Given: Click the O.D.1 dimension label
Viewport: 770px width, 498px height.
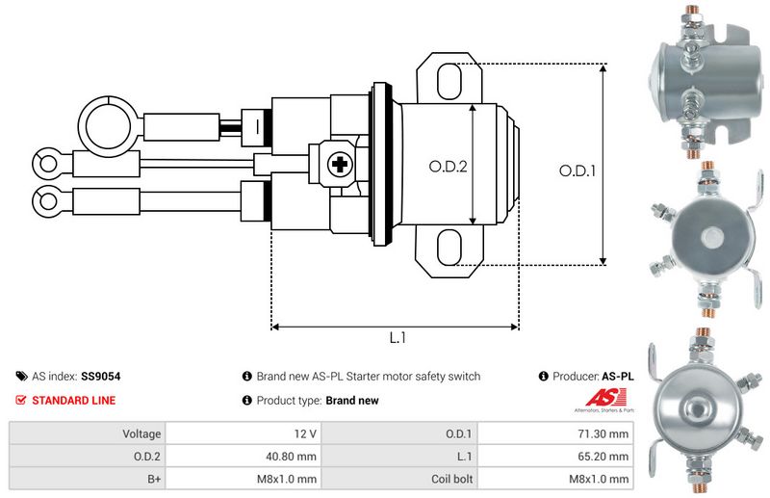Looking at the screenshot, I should click(x=578, y=170).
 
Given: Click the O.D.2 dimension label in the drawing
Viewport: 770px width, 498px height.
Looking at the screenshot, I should click(x=448, y=166).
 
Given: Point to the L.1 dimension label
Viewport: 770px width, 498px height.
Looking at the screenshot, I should click(x=398, y=339).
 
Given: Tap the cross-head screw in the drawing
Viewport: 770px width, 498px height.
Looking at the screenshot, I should click(x=339, y=165).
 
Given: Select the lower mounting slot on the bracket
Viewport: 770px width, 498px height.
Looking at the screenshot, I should click(x=449, y=249).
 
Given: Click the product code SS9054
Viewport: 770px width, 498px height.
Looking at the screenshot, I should click(x=101, y=377).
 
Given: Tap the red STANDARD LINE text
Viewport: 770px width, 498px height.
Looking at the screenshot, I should click(x=74, y=400).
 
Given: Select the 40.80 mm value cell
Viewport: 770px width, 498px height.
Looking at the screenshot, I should click(x=244, y=456).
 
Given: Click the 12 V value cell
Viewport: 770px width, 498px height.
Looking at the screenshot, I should click(x=244, y=433).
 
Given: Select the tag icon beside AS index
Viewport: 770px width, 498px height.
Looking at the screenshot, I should click(x=21, y=377).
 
